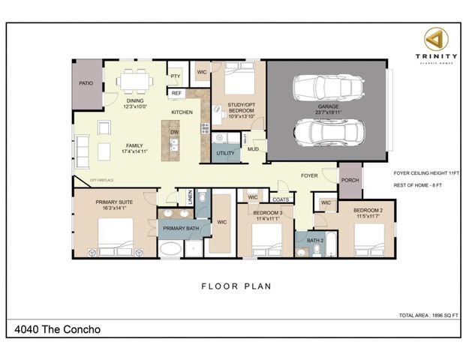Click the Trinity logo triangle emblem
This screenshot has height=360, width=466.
433,38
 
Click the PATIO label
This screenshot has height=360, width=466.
86,83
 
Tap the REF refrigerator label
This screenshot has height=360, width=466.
176,93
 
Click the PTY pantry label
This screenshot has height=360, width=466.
176,76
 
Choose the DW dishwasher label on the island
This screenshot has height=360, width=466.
174,132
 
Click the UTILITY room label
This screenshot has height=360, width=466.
225,153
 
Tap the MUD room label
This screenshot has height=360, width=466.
254,149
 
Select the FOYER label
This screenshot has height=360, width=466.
309,175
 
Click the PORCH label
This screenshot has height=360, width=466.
350,180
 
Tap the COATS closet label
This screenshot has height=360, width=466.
281,199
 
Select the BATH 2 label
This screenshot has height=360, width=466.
314,239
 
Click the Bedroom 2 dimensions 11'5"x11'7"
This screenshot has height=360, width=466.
368,216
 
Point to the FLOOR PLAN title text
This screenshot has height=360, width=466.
236,286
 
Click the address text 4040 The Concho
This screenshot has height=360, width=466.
58,328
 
